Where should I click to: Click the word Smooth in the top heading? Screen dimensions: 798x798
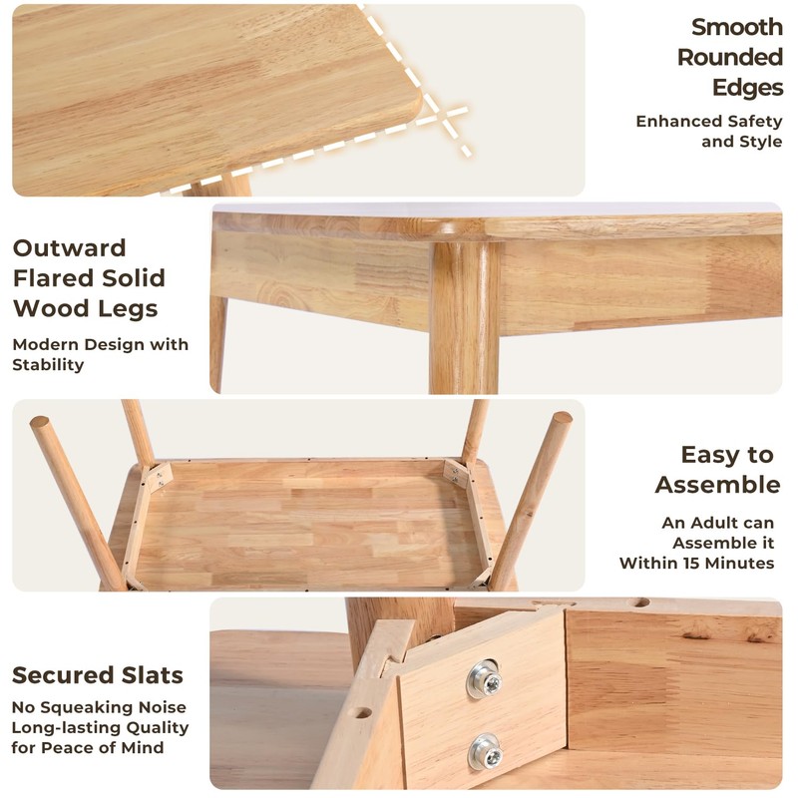point(737,27)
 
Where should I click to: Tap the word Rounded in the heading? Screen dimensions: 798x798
point(730,57)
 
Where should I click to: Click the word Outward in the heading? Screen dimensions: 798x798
point(69,248)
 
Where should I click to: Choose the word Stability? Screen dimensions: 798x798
point(48,365)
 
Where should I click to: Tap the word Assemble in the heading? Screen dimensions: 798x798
point(717,485)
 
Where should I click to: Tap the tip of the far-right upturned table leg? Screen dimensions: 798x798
point(563,418)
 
